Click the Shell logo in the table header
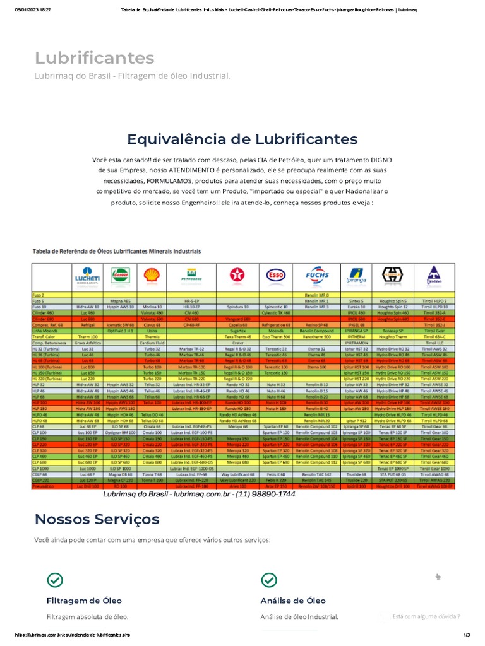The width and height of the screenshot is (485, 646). coord(151,276)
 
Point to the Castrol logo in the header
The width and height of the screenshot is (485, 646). coord(119,276)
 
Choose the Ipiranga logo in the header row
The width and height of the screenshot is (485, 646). coord(356,276)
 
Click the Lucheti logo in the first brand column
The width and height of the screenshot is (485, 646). coord(87,276)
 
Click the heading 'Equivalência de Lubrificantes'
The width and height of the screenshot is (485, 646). coord(242,139)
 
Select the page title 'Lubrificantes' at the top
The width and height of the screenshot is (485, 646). coord(94,58)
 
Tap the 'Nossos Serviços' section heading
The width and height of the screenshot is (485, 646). coord(97,519)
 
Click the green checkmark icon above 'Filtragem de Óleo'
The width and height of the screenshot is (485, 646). coord(55,580)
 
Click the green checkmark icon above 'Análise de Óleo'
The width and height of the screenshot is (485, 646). coord(268,580)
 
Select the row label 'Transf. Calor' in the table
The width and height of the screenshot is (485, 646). coord(45,337)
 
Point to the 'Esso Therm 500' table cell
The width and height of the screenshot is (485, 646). coord(275,337)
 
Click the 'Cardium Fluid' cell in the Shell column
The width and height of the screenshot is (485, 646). coord(151,343)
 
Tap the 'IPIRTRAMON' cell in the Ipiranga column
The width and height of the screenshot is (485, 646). coord(356,343)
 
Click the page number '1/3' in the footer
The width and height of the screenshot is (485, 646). coord(467,634)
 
